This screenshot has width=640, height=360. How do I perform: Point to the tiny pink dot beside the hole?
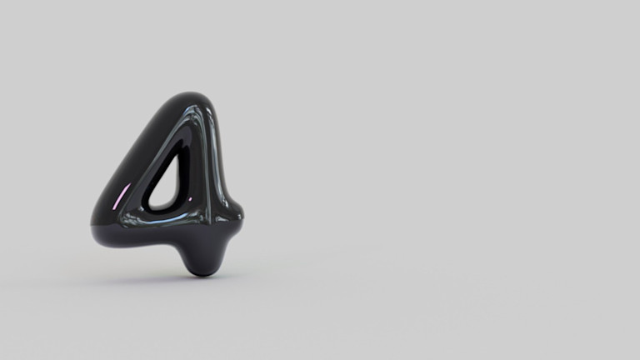(x=190, y=199)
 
